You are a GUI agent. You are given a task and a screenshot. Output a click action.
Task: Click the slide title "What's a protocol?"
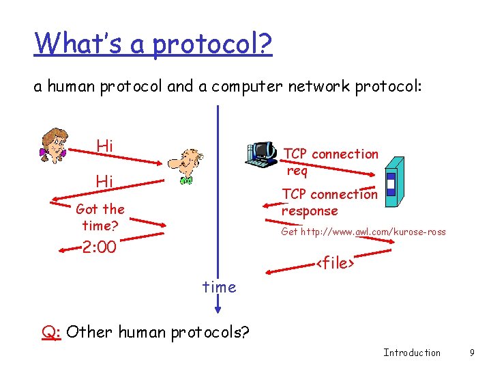[153, 44]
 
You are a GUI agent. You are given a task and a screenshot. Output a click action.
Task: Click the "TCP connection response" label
[329, 202]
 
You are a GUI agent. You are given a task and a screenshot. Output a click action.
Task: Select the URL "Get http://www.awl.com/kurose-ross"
[363, 232]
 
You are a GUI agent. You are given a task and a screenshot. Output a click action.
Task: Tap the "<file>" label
[333, 262]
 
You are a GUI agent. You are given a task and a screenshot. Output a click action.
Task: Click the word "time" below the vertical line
[219, 287]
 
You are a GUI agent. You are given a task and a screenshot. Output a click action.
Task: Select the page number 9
[471, 353]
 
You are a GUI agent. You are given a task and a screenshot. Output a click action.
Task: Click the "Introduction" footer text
[412, 353]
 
